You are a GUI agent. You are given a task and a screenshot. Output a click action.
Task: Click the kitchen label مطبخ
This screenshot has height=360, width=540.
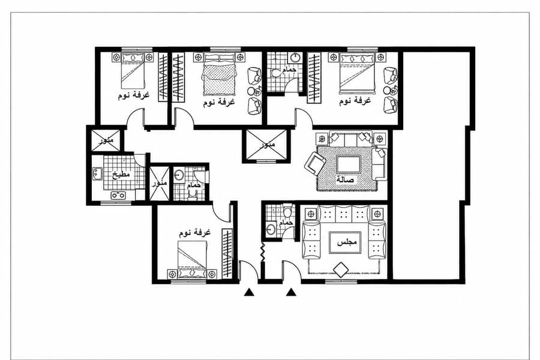pos(122,175)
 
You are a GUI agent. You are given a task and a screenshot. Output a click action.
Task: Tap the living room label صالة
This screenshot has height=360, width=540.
pos(345,179)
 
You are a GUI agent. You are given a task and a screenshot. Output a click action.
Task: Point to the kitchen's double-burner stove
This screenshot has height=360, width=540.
pos(118,196)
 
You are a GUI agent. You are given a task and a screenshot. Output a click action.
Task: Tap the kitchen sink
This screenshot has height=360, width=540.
pos(97,173)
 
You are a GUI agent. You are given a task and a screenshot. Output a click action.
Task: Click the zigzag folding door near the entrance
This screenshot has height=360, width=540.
pos(262,253)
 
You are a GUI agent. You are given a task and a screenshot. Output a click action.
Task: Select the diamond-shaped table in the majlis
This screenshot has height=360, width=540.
pos(341,270)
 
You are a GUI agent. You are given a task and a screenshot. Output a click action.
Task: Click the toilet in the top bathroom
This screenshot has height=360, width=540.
pos(276,73)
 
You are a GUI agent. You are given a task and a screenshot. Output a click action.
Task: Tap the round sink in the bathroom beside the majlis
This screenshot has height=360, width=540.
pos(271,229)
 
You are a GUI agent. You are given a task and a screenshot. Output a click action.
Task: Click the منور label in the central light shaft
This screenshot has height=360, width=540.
pos(268,145)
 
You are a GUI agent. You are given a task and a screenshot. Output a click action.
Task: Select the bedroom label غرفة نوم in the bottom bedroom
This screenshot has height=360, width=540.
pos(194,233)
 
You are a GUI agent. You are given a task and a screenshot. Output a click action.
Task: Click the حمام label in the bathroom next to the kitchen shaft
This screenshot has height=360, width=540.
pos(194,185)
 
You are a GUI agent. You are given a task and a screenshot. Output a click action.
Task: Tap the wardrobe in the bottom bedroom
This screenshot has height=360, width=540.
pos(227,253)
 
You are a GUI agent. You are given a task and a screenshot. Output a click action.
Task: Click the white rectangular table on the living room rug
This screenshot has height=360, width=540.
pos(349,164)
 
